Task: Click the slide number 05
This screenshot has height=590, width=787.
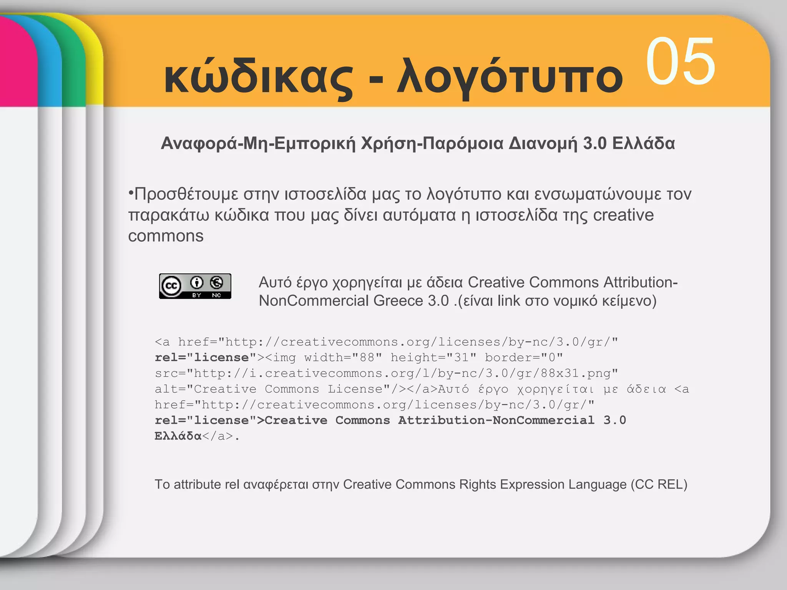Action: click(680, 61)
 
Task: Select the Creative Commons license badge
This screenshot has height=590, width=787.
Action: click(195, 286)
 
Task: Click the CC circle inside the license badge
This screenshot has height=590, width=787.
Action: click(171, 286)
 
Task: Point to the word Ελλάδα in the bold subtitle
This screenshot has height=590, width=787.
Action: click(644, 143)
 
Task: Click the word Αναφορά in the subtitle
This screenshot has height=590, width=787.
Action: click(199, 143)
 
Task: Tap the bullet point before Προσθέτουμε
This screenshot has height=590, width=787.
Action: click(131, 192)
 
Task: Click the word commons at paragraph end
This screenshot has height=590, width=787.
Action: click(166, 236)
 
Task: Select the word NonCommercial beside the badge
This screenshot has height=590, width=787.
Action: click(314, 301)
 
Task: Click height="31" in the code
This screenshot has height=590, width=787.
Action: click(433, 358)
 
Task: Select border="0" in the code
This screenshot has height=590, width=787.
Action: click(524, 358)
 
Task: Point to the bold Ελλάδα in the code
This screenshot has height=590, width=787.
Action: click(178, 436)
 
